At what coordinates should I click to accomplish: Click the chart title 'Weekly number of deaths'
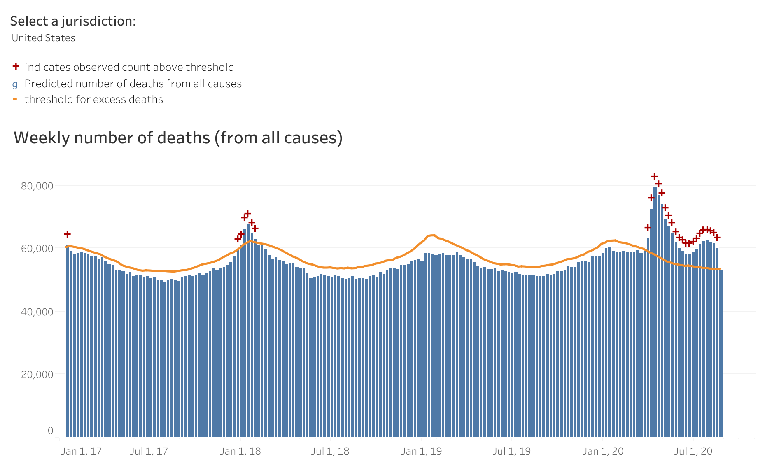point(178,138)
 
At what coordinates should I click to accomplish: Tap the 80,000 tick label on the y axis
point(37,186)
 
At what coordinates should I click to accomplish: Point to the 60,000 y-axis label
point(37,249)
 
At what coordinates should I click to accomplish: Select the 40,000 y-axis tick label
point(37,312)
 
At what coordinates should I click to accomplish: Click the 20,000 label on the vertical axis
point(37,375)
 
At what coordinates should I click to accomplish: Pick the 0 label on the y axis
point(50,431)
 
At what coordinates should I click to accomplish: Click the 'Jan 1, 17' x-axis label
point(81,451)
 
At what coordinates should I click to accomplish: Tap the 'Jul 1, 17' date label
point(149,451)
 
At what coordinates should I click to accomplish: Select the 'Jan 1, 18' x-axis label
point(240,451)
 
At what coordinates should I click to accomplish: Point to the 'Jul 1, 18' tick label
point(330,451)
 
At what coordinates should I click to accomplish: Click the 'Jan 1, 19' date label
point(422,451)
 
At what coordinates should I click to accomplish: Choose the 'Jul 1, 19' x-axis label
point(512,451)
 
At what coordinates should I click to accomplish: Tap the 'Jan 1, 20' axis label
point(603,451)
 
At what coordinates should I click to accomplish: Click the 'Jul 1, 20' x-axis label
point(693,451)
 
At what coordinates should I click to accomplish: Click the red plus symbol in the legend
point(16,66)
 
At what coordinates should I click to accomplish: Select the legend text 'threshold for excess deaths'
point(94,100)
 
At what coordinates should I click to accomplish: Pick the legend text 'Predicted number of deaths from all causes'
point(133,84)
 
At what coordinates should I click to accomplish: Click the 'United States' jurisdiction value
point(44,38)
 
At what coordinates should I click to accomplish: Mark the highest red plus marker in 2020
point(654,177)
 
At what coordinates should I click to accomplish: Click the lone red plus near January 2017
point(67,234)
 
